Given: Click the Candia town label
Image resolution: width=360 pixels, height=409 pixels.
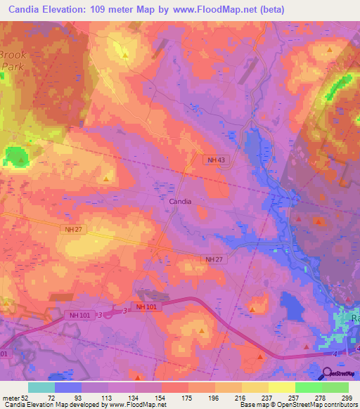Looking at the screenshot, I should click(181, 201).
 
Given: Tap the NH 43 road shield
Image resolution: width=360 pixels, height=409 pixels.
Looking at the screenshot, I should click(216, 160).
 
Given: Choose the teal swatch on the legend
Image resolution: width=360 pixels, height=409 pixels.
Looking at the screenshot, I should click(41, 387).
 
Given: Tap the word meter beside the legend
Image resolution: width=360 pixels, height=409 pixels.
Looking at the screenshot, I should click(10, 397).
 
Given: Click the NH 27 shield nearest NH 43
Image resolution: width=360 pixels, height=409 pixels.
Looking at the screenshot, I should click(216, 260).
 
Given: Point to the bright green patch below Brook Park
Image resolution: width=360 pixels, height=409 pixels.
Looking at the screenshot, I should click(14, 157).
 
